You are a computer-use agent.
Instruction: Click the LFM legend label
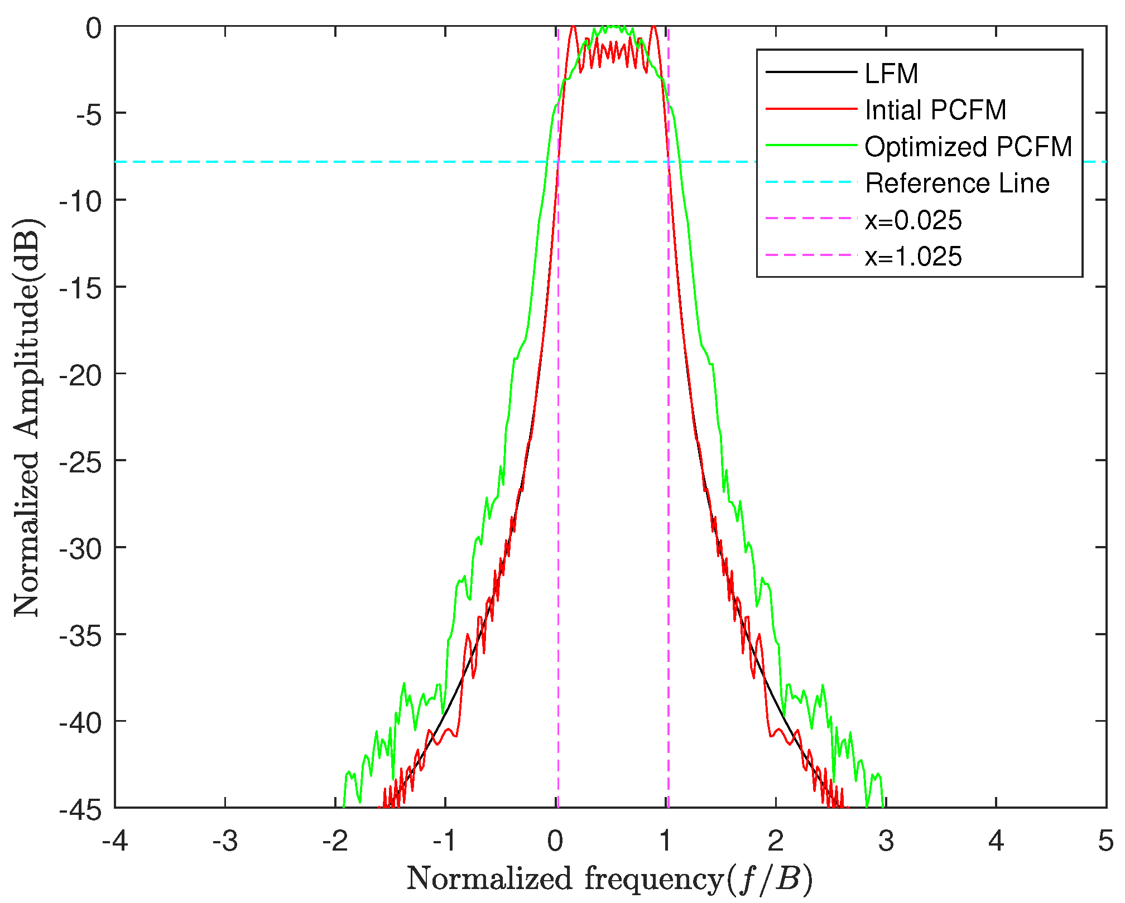[891, 74]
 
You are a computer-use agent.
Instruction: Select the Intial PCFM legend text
[935, 110]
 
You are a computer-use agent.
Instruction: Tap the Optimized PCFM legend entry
[968, 147]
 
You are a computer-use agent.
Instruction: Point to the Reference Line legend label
[957, 184]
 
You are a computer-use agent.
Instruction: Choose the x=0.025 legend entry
[913, 220]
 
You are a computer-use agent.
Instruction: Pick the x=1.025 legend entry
[913, 257]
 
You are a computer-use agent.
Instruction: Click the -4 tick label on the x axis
[115, 841]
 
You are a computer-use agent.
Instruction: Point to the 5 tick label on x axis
[1105, 841]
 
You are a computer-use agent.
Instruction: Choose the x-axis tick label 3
[886, 841]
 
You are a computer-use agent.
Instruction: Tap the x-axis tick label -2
[335, 841]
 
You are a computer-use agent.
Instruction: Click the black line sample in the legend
[811, 72]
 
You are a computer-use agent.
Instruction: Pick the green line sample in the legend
[811, 145]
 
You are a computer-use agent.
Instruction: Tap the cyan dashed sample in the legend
[811, 182]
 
